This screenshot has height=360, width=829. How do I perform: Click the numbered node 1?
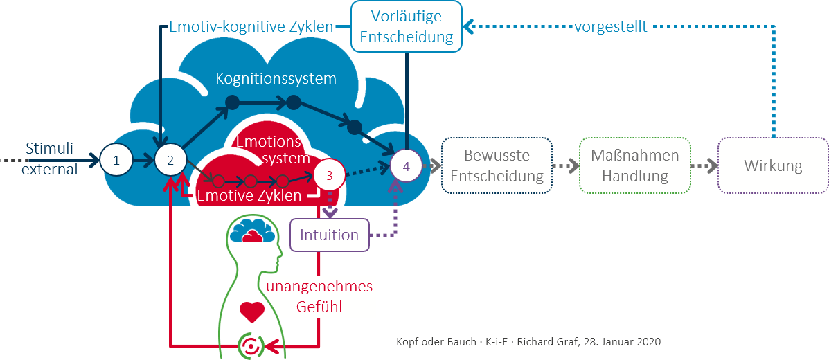[x=116, y=160]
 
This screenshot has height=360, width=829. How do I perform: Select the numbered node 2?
[x=170, y=160]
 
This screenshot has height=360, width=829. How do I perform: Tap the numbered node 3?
[x=329, y=175]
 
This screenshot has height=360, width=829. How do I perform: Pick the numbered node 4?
[x=407, y=166]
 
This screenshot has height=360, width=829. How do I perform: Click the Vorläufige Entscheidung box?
[x=406, y=26]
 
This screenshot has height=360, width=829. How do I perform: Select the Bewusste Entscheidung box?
[x=497, y=165]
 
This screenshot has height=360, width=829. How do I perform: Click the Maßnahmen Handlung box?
[x=634, y=165]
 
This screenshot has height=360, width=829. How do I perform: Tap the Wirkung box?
[x=773, y=165]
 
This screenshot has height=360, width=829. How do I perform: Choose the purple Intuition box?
[x=329, y=235]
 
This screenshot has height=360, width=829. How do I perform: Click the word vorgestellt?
[x=611, y=26]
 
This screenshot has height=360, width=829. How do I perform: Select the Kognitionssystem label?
[x=276, y=78]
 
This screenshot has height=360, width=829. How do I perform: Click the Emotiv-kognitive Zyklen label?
[x=251, y=27]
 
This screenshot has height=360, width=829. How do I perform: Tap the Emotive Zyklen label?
[x=249, y=195]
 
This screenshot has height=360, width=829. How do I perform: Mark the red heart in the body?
[x=251, y=312]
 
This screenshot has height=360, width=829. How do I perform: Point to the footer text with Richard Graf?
[x=528, y=342]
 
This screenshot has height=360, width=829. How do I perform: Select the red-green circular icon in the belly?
[x=251, y=344]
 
